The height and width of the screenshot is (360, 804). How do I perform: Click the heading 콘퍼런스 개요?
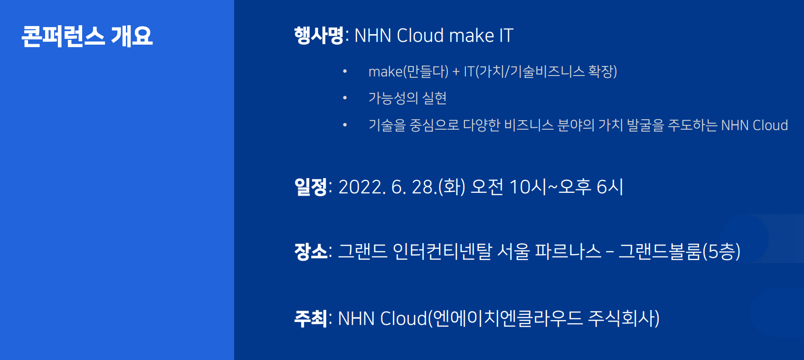pos(87,36)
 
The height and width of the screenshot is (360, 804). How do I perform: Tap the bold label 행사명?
pos(319,35)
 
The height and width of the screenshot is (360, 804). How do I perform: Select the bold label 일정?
pos(311,187)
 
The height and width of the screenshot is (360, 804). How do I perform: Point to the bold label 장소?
pos(311,251)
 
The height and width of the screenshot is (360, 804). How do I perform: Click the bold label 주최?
pos(311,318)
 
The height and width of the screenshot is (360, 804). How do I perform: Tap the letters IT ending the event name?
pos(506,36)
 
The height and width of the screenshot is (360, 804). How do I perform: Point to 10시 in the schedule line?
pos(528,187)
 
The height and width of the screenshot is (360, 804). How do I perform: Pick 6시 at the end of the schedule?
pos(610,187)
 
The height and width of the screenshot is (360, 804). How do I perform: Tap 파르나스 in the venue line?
pos(568,251)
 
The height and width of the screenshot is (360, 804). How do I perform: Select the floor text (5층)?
pos(721,251)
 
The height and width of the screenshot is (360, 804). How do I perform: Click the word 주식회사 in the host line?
pos(624,318)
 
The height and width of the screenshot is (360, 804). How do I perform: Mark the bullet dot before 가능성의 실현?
pos(345,98)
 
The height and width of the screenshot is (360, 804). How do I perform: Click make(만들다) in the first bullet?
pos(408,71)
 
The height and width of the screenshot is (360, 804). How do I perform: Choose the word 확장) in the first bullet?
pos(603,71)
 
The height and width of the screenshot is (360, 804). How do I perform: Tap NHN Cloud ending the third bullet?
pos(755,125)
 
